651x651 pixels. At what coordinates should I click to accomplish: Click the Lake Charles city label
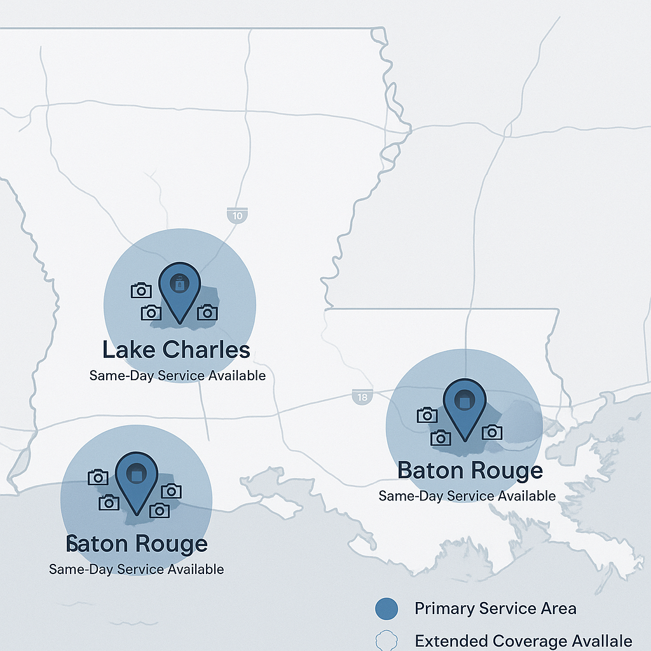(x=176, y=350)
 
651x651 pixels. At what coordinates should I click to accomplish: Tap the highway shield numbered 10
(x=237, y=216)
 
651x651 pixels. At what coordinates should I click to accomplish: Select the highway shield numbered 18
(x=362, y=397)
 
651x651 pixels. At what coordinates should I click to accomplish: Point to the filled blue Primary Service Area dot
(x=386, y=609)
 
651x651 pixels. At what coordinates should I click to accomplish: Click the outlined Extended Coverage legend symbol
(x=386, y=640)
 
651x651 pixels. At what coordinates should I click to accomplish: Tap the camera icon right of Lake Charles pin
(x=207, y=312)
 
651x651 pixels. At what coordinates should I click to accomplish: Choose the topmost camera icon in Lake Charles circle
(x=141, y=291)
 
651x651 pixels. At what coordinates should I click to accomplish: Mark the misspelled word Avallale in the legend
(x=600, y=641)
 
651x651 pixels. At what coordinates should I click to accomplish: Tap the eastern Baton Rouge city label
(x=470, y=471)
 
